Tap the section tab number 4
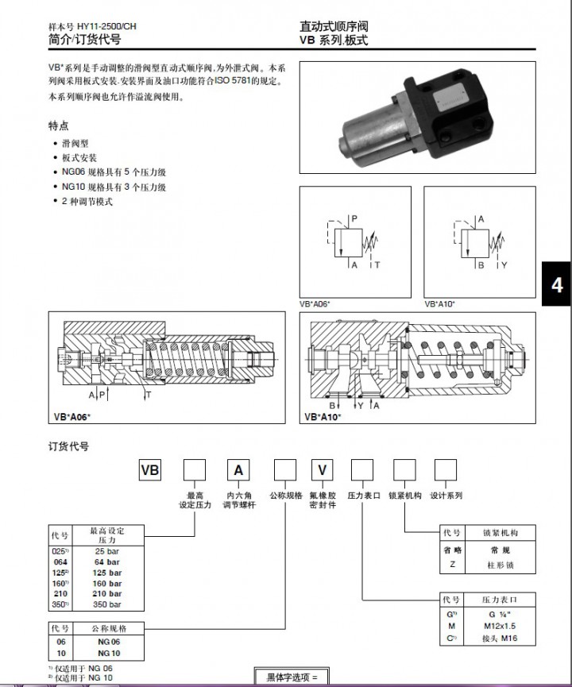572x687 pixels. [557, 284]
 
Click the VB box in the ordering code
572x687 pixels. [150, 470]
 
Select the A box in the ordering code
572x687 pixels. [238, 470]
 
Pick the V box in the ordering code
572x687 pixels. [322, 470]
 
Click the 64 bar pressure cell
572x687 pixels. [107, 562]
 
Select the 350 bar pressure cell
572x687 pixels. [107, 604]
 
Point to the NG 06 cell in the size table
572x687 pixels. [107, 641]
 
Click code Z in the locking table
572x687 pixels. [451, 565]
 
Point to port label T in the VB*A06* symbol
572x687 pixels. [377, 264]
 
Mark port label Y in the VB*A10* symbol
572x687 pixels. [504, 264]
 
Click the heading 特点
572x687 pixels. [59, 125]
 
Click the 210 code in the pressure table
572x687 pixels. [60, 593]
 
